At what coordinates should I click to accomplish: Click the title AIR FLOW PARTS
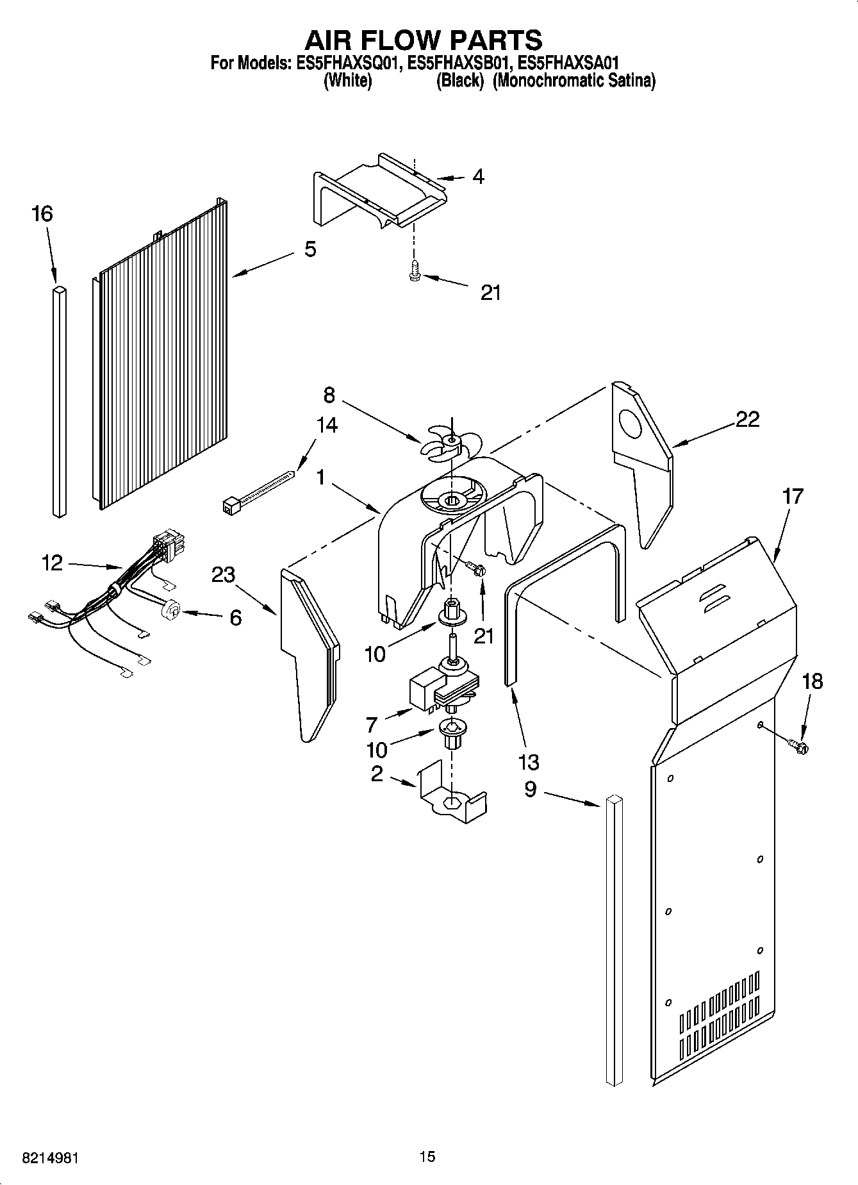coord(423,40)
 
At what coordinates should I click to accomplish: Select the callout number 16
coord(42,213)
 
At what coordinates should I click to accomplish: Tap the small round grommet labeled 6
coord(170,610)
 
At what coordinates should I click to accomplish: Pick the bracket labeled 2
coord(451,795)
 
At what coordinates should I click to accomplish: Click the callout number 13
coord(529,762)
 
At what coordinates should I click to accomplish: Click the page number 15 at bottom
coord(427,1157)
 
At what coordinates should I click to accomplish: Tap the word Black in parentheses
coord(459,81)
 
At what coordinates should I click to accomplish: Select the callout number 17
coord(793,496)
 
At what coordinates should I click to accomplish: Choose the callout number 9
coord(530,790)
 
